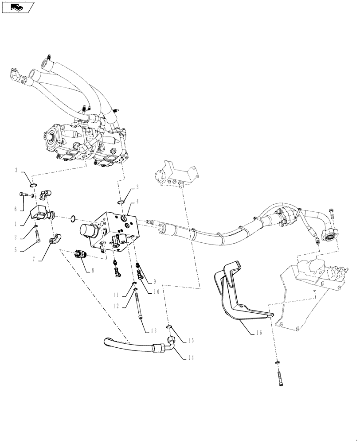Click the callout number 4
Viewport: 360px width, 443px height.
[x=137, y=201]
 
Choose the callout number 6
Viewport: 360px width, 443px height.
[x=16, y=209]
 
